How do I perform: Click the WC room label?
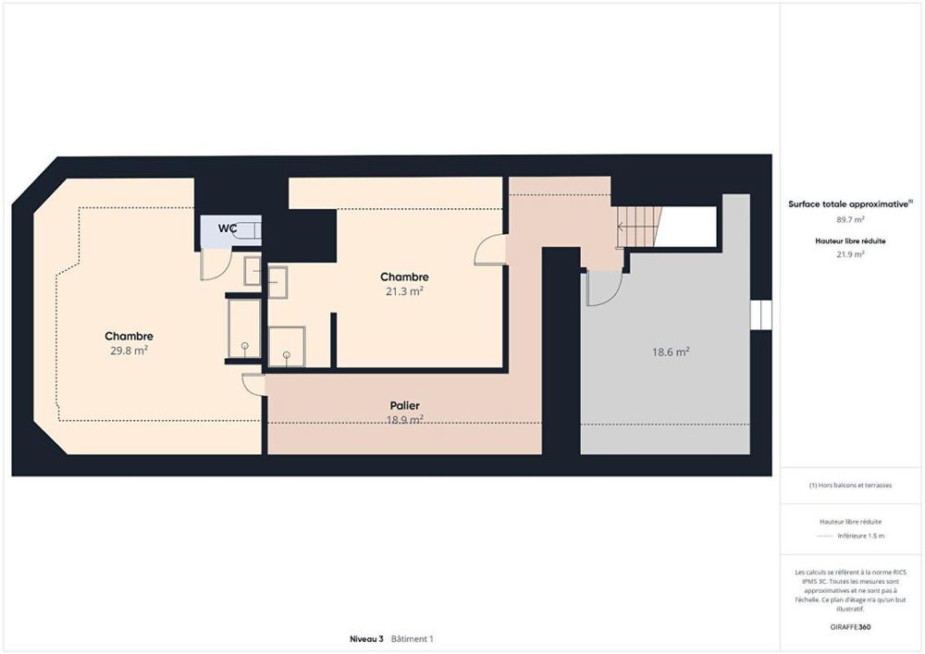click(227, 228)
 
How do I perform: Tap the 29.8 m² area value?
click(129, 351)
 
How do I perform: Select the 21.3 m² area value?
click(404, 290)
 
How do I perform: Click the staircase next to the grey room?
click(638, 227)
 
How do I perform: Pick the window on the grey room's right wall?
click(760, 315)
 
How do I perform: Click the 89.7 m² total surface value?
click(850, 219)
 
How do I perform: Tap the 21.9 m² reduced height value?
click(850, 253)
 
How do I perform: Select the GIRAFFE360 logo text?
click(850, 626)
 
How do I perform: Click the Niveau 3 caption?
click(366, 639)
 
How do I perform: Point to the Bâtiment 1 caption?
click(413, 639)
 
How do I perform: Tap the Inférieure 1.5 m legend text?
click(860, 536)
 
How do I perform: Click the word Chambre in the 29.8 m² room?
click(129, 336)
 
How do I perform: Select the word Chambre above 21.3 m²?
click(404, 277)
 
